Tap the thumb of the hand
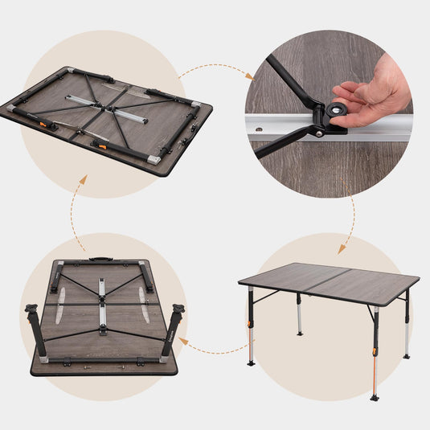point(350,90)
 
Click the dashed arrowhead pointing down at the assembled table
point(342,250)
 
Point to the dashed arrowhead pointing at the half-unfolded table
point(184,341)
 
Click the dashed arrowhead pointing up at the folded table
point(83,180)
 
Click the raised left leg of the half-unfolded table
point(37,332)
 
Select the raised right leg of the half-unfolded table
point(172,332)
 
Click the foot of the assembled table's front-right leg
point(375,396)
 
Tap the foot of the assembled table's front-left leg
point(252,362)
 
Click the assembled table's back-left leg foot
point(299,333)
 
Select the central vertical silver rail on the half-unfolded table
point(102,304)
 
